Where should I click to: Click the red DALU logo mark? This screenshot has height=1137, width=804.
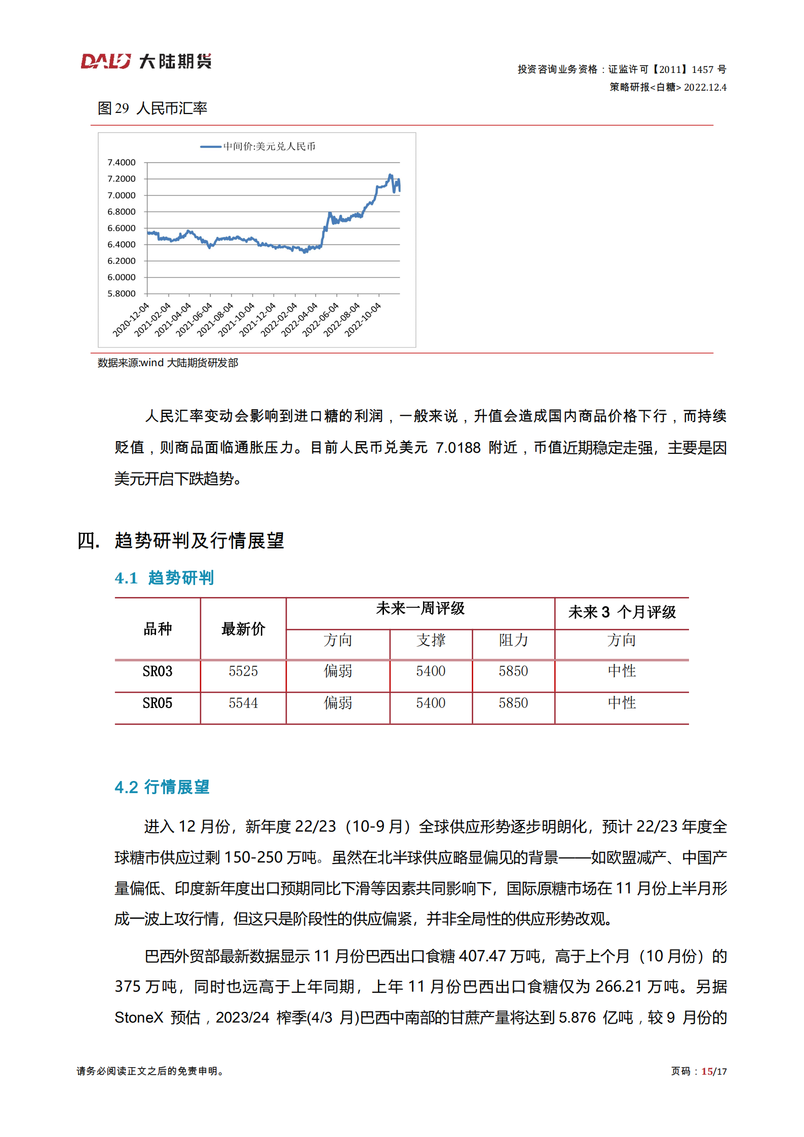point(105,61)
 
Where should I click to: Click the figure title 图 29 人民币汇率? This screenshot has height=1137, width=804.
point(152,108)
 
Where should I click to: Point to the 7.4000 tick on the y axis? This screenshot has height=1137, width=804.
point(122,163)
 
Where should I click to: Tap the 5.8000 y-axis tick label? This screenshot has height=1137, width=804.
point(122,294)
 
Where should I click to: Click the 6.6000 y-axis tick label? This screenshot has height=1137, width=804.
point(122,228)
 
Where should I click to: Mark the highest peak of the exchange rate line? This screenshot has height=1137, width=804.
point(390,175)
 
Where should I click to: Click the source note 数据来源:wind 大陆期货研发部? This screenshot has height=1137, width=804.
point(168,363)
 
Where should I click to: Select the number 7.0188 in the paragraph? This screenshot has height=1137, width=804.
point(458,448)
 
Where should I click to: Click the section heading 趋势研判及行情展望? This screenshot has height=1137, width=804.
point(199,541)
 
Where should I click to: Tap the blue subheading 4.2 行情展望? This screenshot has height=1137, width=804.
point(162,787)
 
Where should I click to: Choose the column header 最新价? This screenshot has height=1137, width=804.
point(243,629)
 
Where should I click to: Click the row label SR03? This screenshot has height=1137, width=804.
point(158,672)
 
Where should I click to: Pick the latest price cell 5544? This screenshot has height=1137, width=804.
point(243,703)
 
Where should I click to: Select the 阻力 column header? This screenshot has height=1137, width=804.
point(513,641)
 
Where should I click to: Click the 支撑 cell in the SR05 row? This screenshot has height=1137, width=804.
point(431,703)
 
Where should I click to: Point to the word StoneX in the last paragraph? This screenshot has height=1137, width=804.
point(139,1017)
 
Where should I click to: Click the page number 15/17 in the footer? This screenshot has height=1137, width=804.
point(714,1072)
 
